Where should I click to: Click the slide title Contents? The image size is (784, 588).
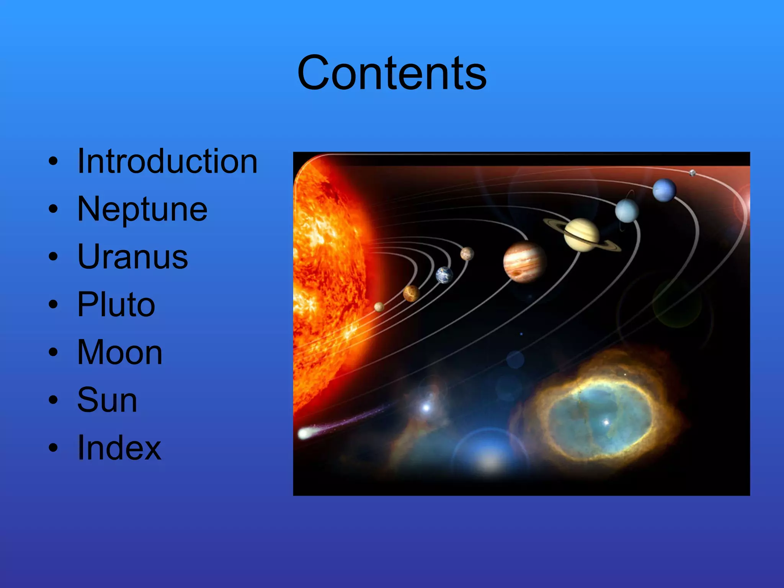point(392,73)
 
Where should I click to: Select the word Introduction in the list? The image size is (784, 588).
point(167,162)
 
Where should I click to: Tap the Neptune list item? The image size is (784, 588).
point(142,209)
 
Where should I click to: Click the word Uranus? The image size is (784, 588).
point(132,257)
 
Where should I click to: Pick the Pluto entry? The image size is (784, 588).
point(116,305)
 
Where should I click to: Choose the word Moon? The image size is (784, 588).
point(120,353)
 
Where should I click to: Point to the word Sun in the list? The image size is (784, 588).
point(107,400)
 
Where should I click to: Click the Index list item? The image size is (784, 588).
point(119,448)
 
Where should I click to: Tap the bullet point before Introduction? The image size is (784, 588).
point(53,161)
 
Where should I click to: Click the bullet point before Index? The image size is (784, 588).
point(53,448)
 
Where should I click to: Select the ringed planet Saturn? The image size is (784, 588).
point(581,235)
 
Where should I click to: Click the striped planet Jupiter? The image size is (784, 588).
point(524,262)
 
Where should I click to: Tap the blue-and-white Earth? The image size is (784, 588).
point(444,275)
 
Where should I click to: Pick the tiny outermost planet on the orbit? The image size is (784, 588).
point(693,173)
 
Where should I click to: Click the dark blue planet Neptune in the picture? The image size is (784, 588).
point(664,190)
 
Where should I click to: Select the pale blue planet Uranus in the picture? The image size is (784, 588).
point(627,211)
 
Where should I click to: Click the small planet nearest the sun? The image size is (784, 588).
point(379,307)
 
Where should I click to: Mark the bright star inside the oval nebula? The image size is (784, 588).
point(606,423)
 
